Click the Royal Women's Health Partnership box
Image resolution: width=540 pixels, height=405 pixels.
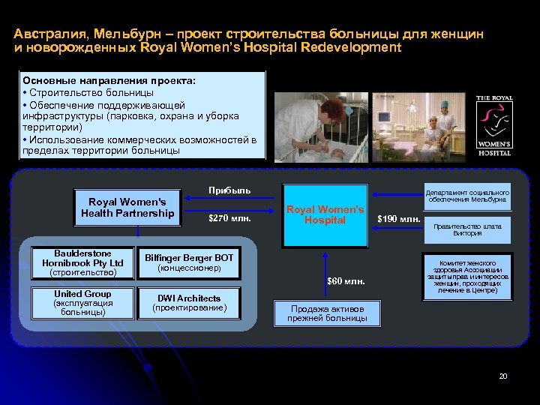point(127,208)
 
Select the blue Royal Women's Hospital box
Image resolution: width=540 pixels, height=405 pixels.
point(325,215)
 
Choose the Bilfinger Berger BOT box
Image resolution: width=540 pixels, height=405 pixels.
point(188,262)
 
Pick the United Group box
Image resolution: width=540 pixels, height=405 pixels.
point(82,302)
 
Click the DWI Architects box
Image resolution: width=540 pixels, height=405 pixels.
point(188,302)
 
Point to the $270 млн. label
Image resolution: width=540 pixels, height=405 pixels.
point(228,220)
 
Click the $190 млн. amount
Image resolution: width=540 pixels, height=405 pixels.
point(399,219)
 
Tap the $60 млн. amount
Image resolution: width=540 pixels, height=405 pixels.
point(346,282)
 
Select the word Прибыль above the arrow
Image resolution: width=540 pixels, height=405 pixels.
point(229,190)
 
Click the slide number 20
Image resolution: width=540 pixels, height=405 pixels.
point(503,376)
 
